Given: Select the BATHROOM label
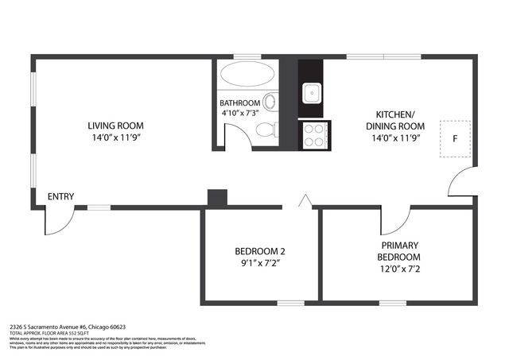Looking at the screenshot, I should [x=239, y=103].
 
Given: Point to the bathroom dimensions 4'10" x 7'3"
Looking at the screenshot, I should [x=239, y=114].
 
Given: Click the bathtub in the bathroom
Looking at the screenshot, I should [x=247, y=75].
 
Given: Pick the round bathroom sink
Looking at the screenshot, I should [x=270, y=102].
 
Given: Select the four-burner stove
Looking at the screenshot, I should [x=313, y=133].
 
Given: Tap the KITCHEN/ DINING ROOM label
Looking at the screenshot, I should [x=392, y=119].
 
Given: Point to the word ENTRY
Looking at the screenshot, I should [x=60, y=197].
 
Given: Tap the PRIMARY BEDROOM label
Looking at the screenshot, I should [x=399, y=251].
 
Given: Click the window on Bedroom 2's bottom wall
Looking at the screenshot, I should [x=290, y=302].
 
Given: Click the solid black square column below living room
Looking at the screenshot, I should [x=216, y=198].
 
